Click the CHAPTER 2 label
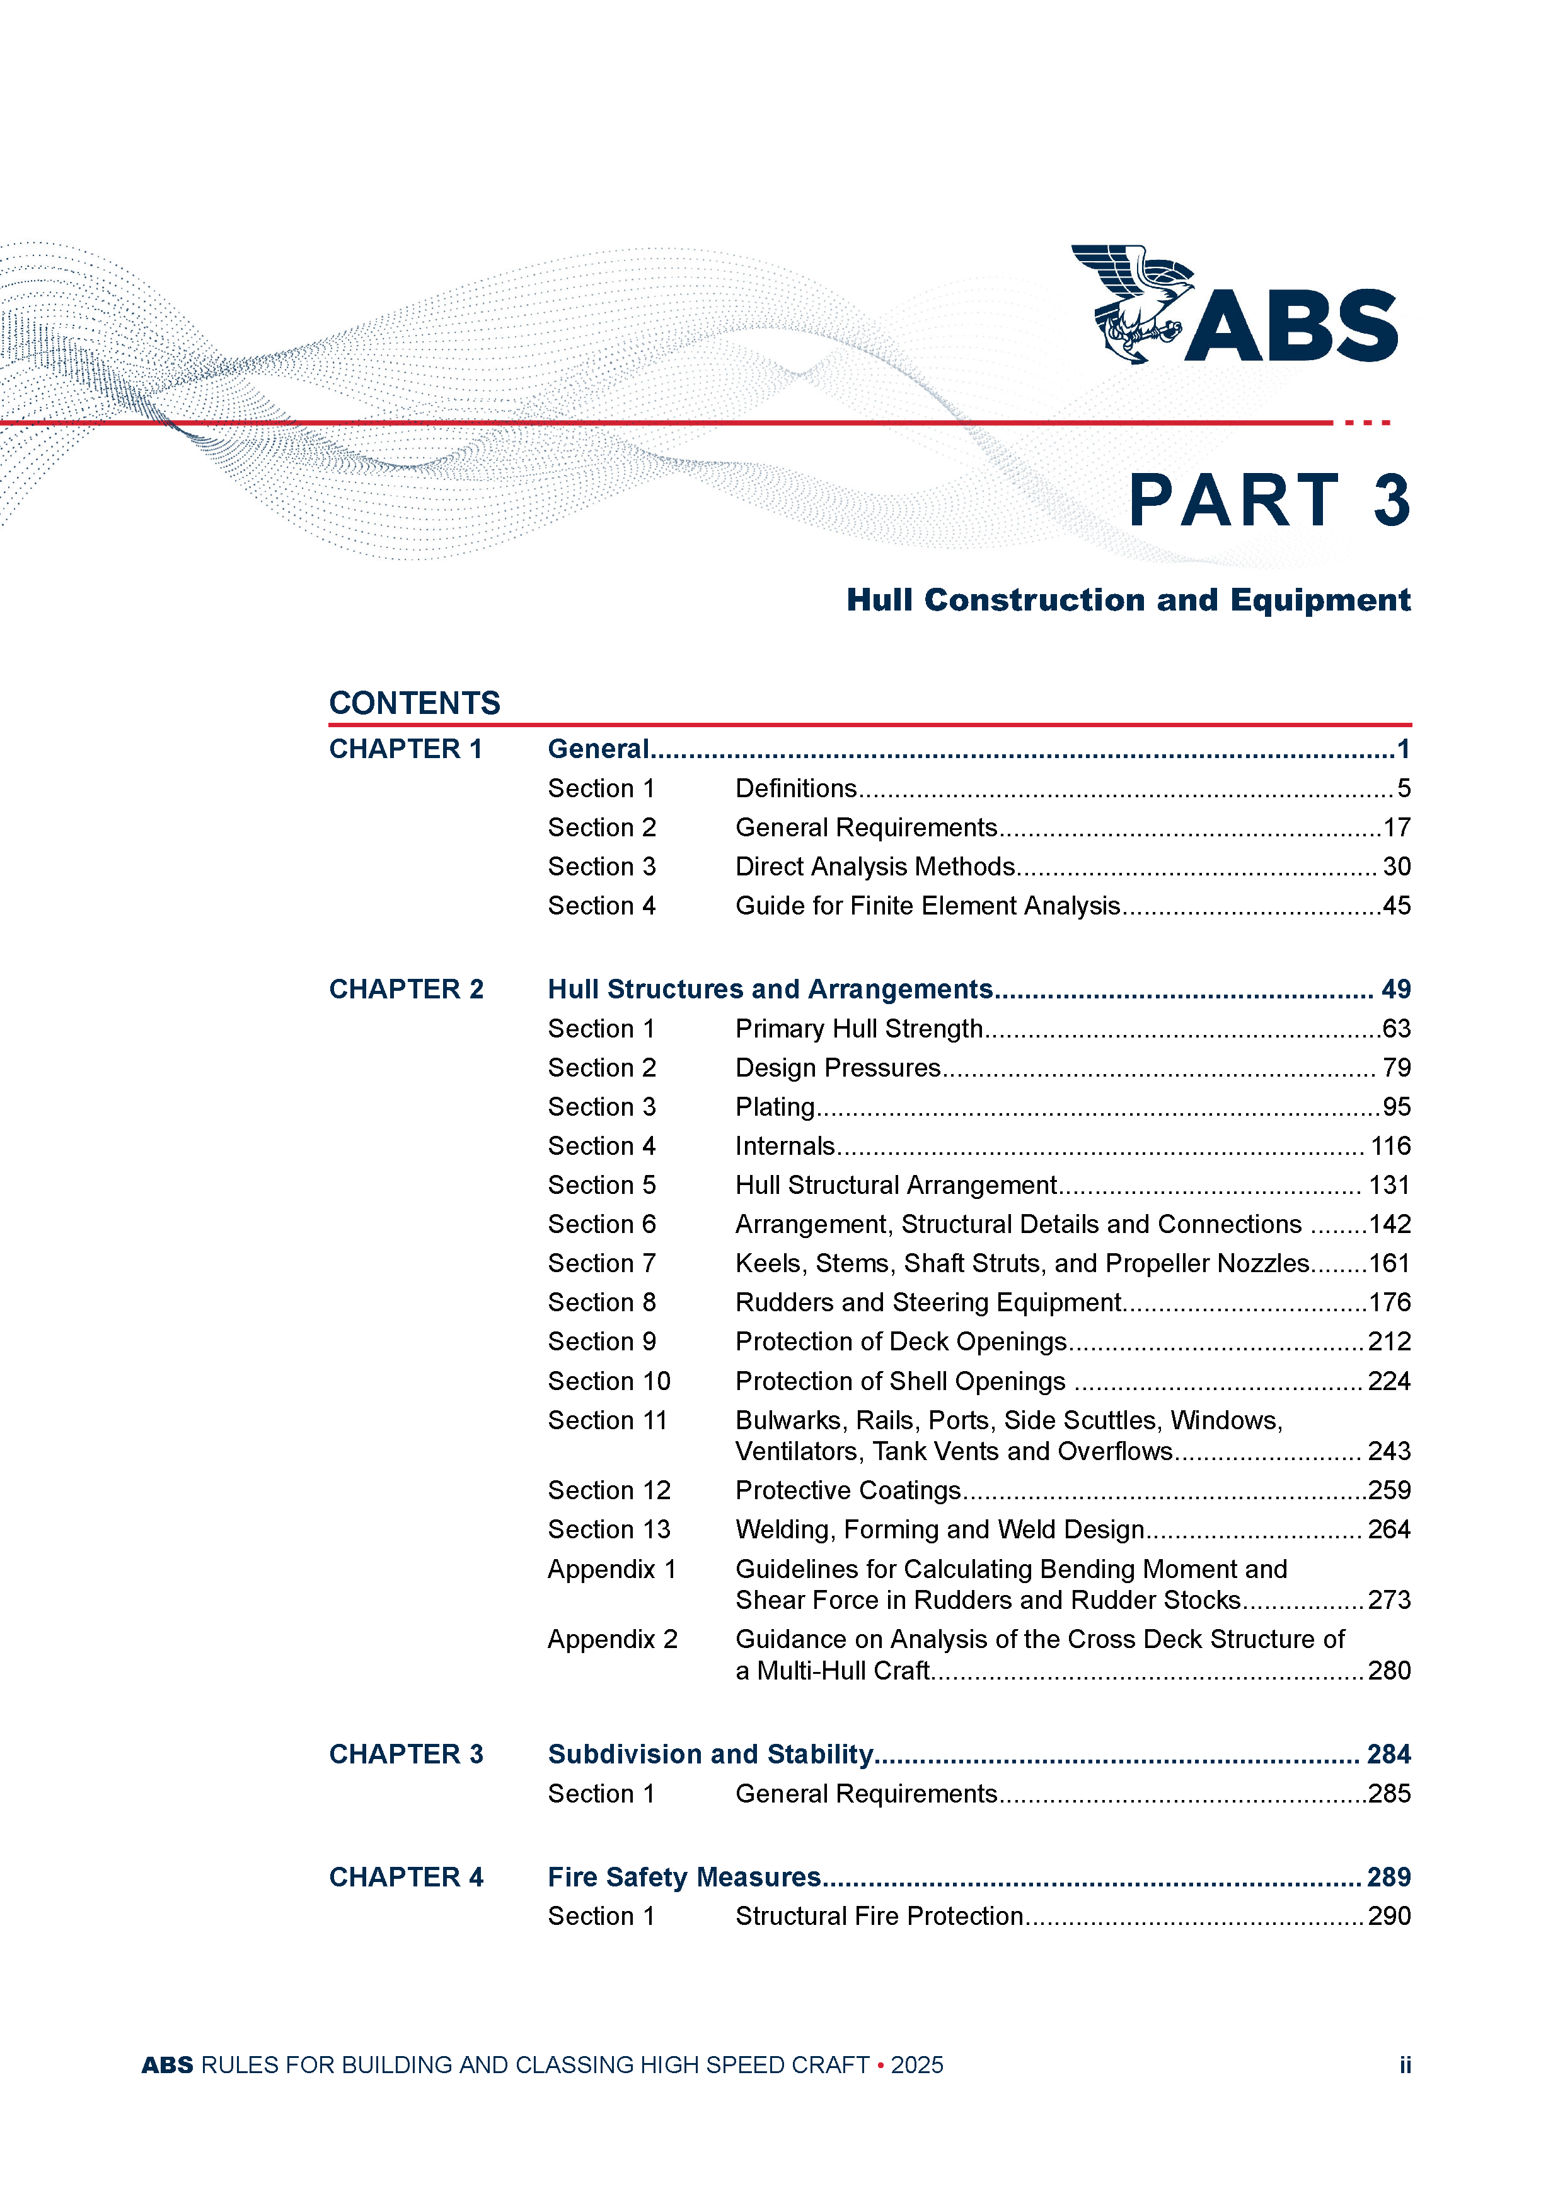click(406, 989)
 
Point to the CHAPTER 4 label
click(406, 1878)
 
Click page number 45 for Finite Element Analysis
click(1396, 906)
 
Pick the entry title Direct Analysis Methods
click(875, 867)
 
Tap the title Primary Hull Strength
click(858, 1029)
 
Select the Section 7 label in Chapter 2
click(601, 1264)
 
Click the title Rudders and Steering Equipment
click(927, 1303)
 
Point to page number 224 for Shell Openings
click(1388, 1381)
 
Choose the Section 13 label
click(609, 1530)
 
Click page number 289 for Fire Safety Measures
click(1388, 1878)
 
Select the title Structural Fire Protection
click(879, 1917)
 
